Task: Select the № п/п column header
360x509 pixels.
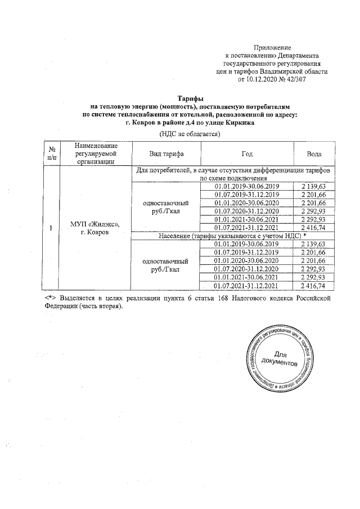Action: (52, 154)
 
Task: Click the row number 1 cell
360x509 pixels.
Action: (52, 228)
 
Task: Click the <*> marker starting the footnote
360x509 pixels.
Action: (49, 296)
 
